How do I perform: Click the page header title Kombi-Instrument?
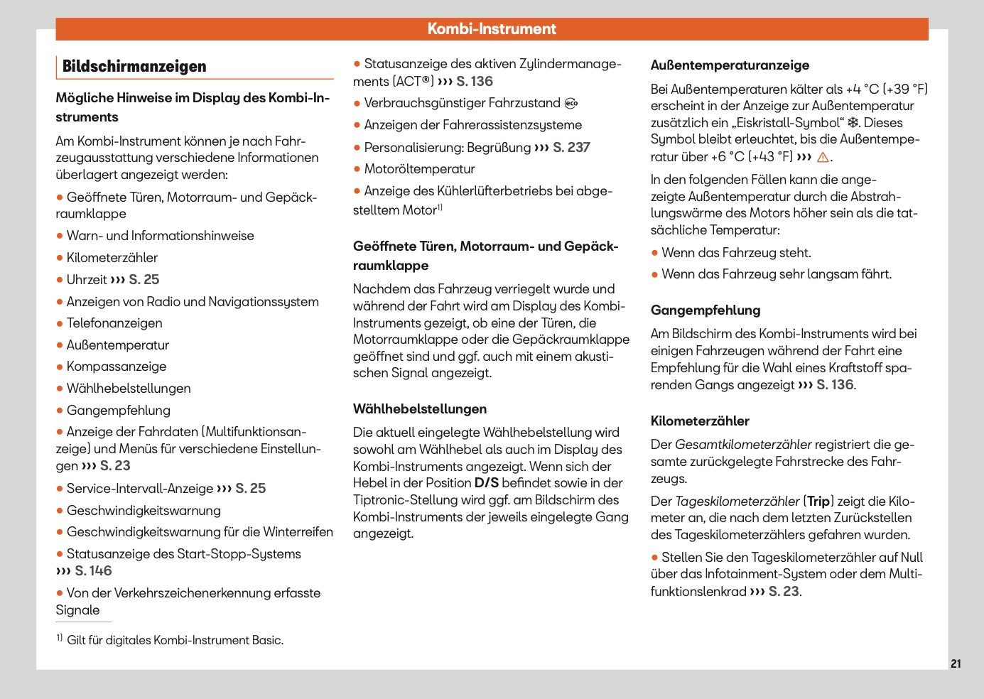(x=492, y=29)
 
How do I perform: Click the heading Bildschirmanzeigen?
(x=134, y=67)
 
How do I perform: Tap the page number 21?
(x=956, y=663)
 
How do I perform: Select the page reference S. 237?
(x=571, y=148)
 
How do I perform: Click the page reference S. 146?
(x=93, y=571)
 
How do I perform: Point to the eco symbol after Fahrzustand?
(x=571, y=104)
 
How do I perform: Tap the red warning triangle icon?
(x=823, y=158)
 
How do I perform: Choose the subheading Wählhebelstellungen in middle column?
(x=420, y=409)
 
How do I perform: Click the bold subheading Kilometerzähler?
(x=700, y=421)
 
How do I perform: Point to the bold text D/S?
(x=487, y=483)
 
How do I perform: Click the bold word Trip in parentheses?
(x=818, y=502)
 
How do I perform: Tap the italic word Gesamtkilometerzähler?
(x=743, y=445)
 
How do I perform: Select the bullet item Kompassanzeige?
(x=117, y=367)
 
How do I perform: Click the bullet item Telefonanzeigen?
(x=114, y=323)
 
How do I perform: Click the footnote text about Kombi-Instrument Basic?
(x=175, y=640)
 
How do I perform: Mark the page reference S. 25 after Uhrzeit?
(x=144, y=280)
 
